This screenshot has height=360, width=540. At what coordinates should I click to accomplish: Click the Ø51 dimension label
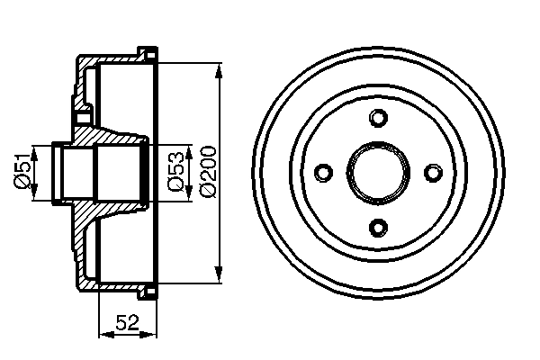tap(24, 171)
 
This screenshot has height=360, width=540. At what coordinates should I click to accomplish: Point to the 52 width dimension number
tap(129, 321)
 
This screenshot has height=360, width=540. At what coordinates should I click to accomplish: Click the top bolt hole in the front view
tap(379, 118)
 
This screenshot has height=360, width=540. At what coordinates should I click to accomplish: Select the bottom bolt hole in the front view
tap(379, 226)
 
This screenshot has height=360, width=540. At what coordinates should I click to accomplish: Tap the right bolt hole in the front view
tap(433, 172)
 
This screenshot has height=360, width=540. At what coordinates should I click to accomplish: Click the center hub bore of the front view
tap(379, 172)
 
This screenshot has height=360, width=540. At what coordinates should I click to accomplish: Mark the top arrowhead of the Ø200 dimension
tap(220, 69)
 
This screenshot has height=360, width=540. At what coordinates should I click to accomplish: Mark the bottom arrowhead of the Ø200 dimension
tap(220, 274)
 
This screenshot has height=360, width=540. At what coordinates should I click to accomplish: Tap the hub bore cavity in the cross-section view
tap(112, 171)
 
